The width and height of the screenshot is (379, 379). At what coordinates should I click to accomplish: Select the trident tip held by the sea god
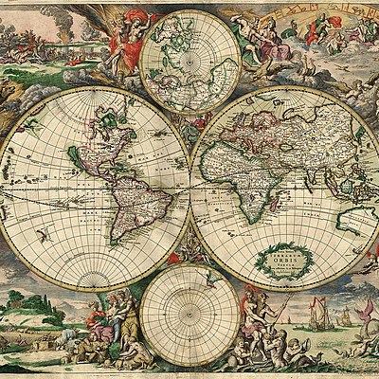(290, 295)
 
